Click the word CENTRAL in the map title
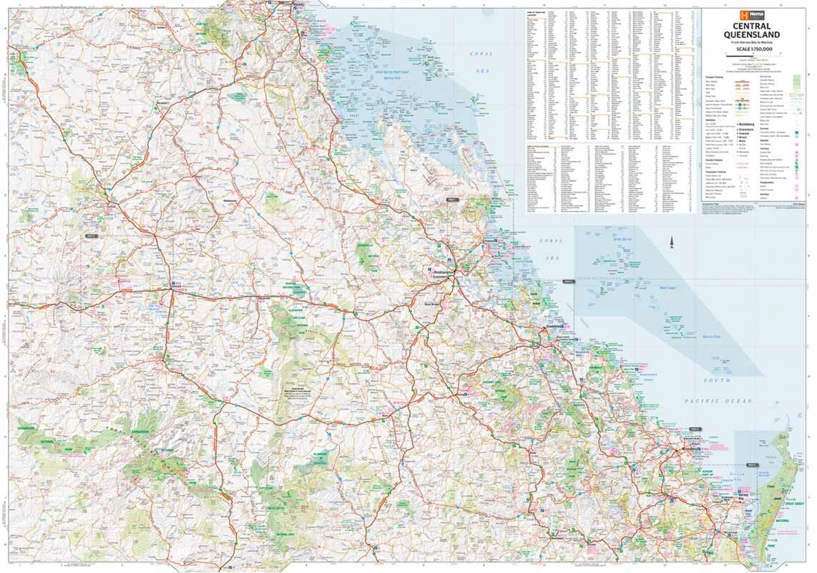tap(750, 26)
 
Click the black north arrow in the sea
tap(672, 243)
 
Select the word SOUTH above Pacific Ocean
tap(716, 380)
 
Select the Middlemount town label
tap(230, 201)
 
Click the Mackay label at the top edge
tap(298, 6)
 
